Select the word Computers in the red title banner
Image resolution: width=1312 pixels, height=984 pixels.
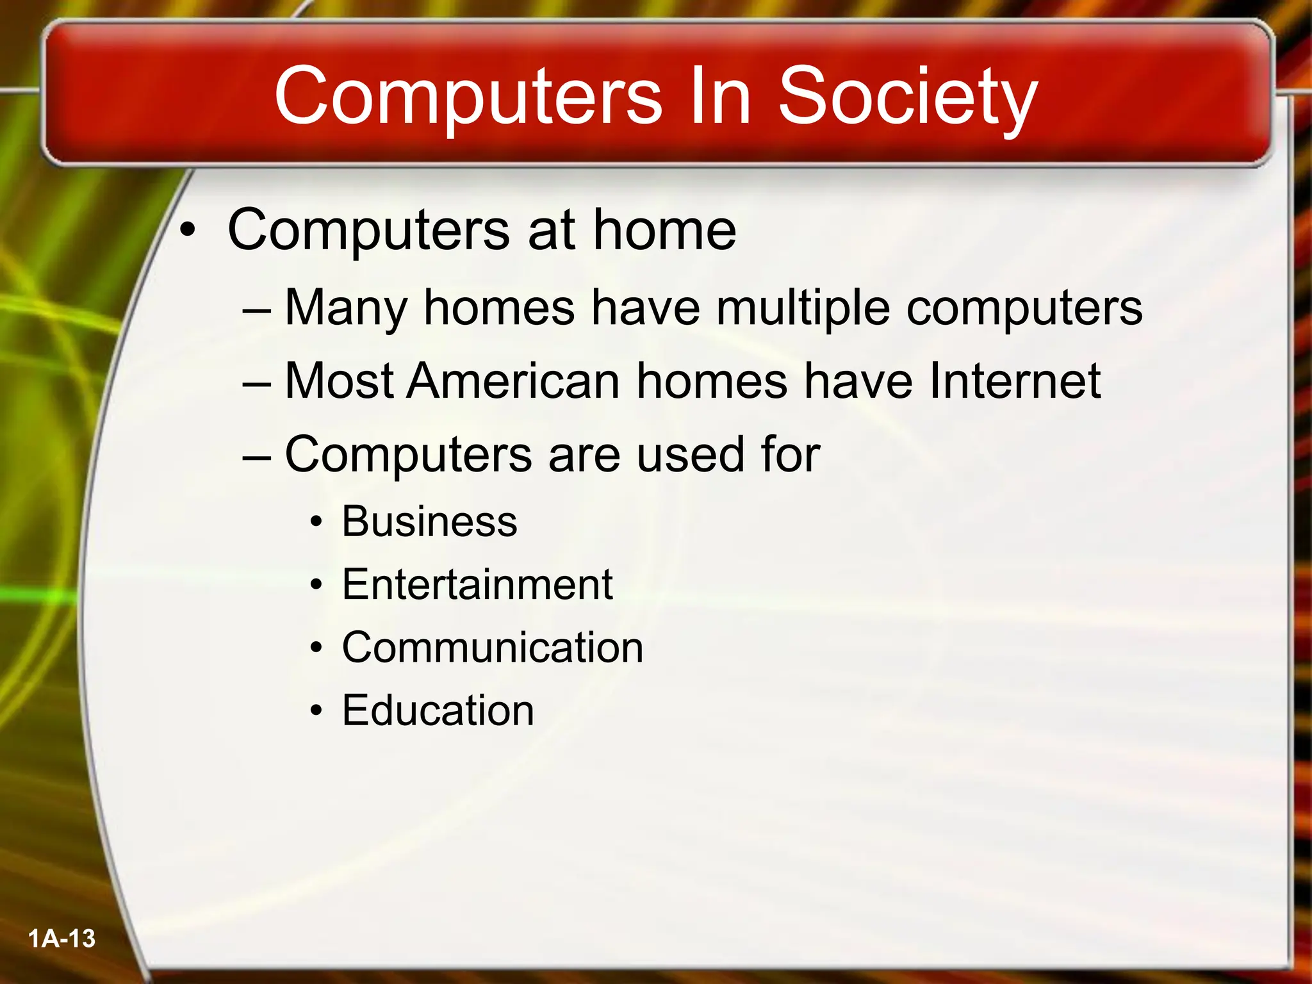pyautogui.click(x=468, y=97)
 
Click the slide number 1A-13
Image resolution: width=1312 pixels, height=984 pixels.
pyautogui.click(x=61, y=939)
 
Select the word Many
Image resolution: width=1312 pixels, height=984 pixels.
pyautogui.click(x=346, y=309)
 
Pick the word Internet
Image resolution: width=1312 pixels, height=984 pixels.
pyautogui.click(x=1015, y=381)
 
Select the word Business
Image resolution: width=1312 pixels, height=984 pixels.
pyautogui.click(x=429, y=521)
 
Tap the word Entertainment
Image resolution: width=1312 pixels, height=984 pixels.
pyautogui.click(x=477, y=584)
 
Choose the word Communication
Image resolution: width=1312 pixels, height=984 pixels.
pyautogui.click(x=493, y=647)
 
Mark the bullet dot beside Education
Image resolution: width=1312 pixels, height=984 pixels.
pyautogui.click(x=316, y=711)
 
